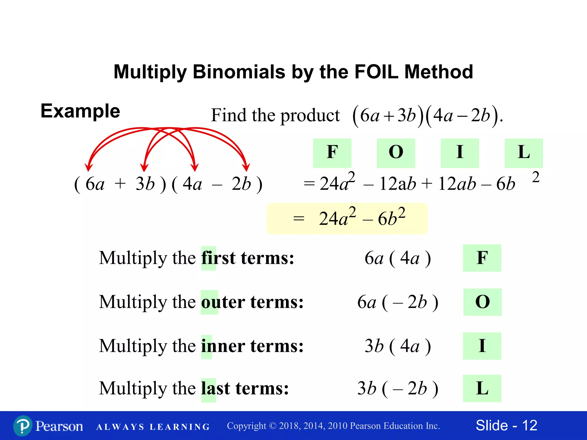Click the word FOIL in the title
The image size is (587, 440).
pos(376,72)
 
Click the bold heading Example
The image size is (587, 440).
pos(80,111)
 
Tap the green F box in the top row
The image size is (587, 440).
pos(332,153)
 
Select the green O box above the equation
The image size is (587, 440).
pos(396,153)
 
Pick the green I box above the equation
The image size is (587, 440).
pos(460,153)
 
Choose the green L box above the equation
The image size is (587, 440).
pos(524,153)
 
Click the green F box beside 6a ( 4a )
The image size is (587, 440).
pos(482,258)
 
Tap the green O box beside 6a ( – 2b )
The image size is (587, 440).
pos(482,302)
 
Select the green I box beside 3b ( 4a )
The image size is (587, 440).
pos(482,346)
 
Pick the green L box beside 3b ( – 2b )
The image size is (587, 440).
pos(482,388)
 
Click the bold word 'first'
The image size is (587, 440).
pos(218,258)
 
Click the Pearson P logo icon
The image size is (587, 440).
pos(23,426)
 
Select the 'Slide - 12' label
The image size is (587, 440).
pos(506,425)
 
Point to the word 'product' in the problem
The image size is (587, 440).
pos(310,116)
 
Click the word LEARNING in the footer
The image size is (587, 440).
pos(180,427)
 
